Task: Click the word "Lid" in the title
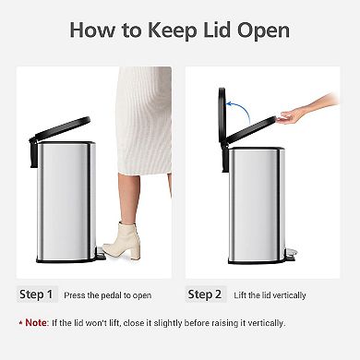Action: point(215,30)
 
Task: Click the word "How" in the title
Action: point(94,30)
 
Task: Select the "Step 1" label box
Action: point(36,295)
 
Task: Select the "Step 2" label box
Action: point(204,295)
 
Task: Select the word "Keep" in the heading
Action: point(165,30)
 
